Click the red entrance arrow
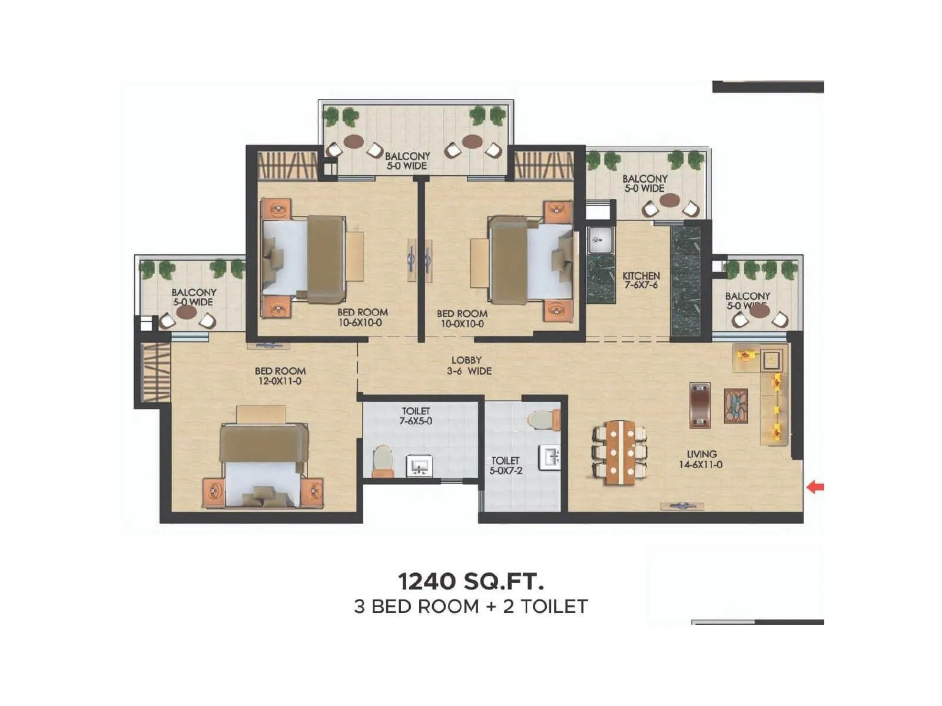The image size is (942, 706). click(815, 487)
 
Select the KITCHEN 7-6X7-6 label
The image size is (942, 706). click(641, 280)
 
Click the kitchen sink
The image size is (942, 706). click(600, 240)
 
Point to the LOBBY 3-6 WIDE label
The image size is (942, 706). click(467, 365)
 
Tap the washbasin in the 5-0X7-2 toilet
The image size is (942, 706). click(550, 457)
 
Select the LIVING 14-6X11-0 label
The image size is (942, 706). click(701, 459)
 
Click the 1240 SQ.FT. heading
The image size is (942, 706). click(471, 581)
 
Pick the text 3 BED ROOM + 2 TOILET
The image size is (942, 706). click(471, 607)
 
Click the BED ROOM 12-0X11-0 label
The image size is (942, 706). click(280, 376)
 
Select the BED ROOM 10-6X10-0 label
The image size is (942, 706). click(362, 317)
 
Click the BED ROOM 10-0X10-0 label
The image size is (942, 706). click(462, 318)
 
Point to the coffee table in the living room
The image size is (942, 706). click(735, 405)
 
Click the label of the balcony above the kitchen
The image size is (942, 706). click(645, 183)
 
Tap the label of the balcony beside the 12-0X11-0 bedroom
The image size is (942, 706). click(194, 297)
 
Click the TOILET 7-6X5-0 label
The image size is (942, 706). click(416, 416)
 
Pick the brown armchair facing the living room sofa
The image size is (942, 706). click(699, 405)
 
